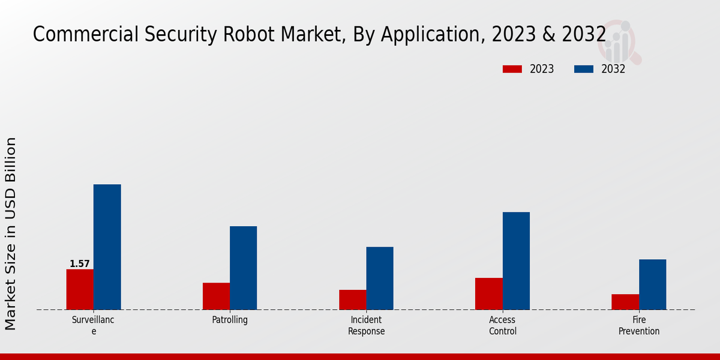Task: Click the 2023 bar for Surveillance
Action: pyautogui.click(x=80, y=289)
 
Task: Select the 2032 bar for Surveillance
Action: pyautogui.click(x=107, y=247)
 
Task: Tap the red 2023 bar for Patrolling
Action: pyautogui.click(x=216, y=296)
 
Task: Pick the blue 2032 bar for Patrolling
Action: pyautogui.click(x=243, y=268)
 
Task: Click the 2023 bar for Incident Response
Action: pyautogui.click(x=352, y=299)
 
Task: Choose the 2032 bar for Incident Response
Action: pyautogui.click(x=380, y=278)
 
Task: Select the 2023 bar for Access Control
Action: pyautogui.click(x=488, y=293)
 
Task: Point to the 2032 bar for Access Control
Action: pyautogui.click(x=516, y=260)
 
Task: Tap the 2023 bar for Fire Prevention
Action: pyautogui.click(x=625, y=302)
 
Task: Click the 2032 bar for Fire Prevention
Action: pyautogui.click(x=652, y=284)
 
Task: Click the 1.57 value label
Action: pyautogui.click(x=80, y=264)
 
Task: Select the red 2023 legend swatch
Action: pyautogui.click(x=512, y=69)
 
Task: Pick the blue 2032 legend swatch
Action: pyautogui.click(x=584, y=69)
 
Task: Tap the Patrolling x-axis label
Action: pyautogui.click(x=230, y=320)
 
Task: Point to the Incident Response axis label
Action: pyautogui.click(x=366, y=325)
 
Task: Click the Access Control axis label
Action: pyautogui.click(x=503, y=325)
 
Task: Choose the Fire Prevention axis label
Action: pyautogui.click(x=639, y=325)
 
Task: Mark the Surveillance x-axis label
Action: pyautogui.click(x=93, y=325)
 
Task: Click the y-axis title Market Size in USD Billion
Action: pyautogui.click(x=11, y=233)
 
